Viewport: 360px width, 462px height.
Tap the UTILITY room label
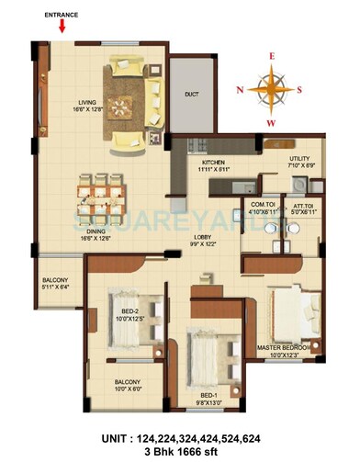(300, 159)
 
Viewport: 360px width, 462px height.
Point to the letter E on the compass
(271, 55)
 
